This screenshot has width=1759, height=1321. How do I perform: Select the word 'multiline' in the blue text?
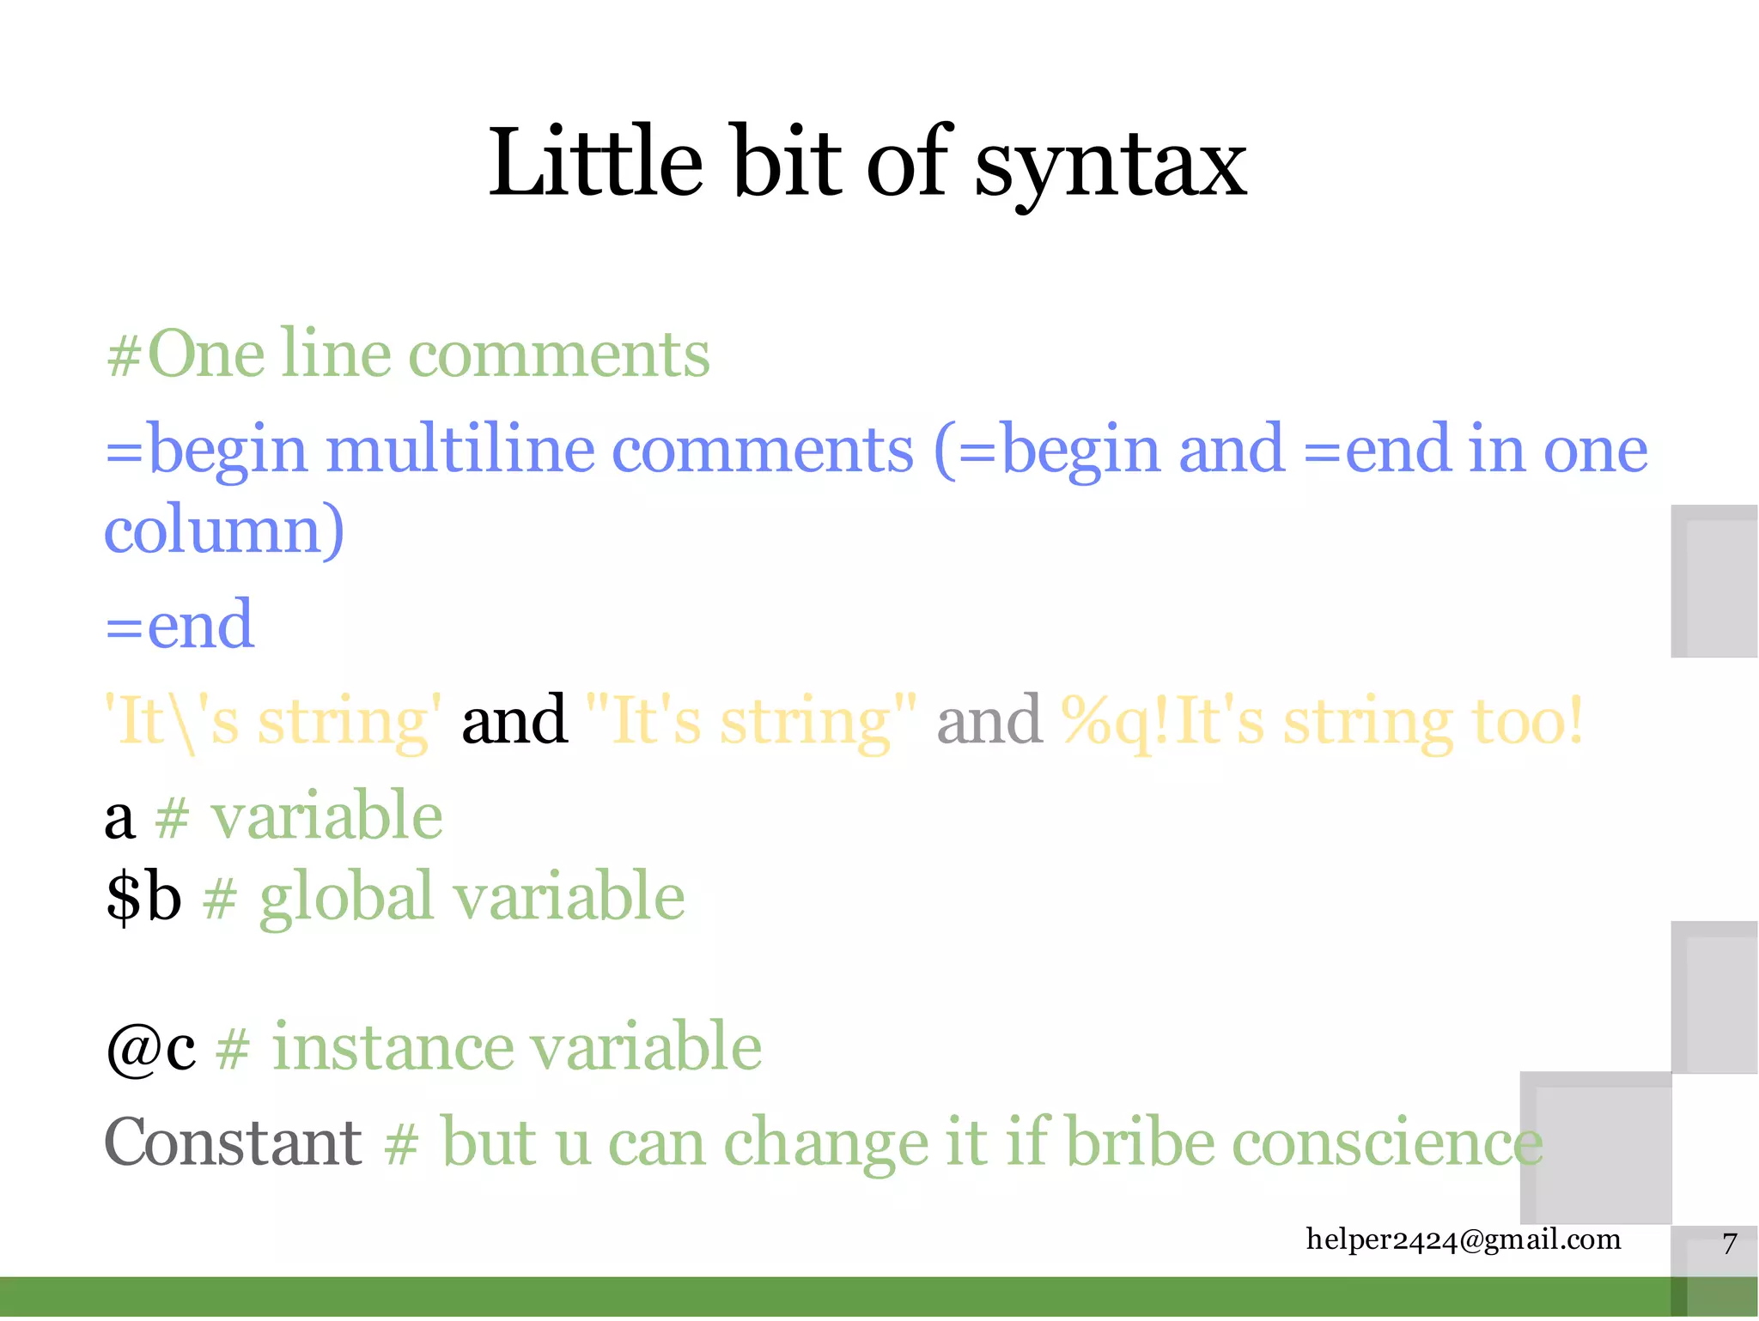[460, 450]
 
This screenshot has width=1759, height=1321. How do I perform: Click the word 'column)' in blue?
[224, 530]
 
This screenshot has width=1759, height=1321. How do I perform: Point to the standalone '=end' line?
[179, 624]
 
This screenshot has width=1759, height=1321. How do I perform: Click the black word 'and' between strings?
[514, 720]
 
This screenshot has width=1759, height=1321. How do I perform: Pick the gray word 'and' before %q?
[989, 720]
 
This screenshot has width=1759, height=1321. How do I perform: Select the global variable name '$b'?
[143, 896]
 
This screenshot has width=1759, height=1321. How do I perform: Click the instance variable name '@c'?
[150, 1048]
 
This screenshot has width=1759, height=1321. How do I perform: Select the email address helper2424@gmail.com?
[1463, 1239]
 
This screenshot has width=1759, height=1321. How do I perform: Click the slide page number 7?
[1730, 1244]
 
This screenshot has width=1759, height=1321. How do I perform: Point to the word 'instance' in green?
[391, 1047]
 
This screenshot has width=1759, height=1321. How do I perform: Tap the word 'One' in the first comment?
[205, 354]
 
